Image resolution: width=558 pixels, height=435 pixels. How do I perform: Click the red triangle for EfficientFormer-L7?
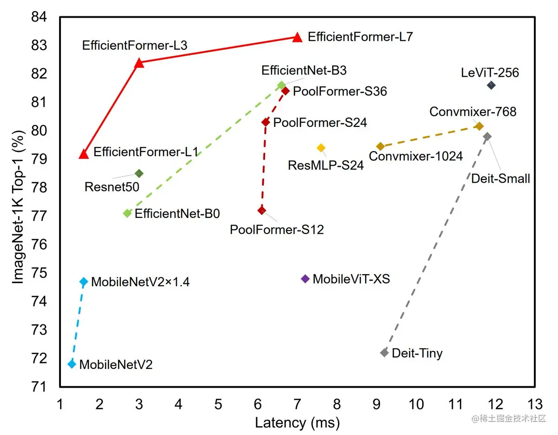point(298,37)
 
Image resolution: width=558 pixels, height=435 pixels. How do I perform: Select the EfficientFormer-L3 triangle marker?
point(139,63)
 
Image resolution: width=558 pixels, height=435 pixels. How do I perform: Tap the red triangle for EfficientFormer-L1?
point(84,154)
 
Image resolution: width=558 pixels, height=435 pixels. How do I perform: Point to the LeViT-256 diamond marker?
point(491,85)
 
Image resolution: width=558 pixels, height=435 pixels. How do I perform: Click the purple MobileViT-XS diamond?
point(305,278)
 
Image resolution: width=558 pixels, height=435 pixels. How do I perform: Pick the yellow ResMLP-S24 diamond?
point(321,148)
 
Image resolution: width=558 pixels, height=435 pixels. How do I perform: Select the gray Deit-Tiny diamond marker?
point(384,353)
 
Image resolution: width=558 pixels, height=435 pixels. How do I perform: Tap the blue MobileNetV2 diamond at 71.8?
point(72,364)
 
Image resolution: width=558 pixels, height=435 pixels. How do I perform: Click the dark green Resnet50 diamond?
point(139,173)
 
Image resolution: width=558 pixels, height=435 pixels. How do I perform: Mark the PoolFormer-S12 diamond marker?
point(262,210)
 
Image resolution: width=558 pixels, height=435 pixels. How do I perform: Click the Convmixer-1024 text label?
point(416,156)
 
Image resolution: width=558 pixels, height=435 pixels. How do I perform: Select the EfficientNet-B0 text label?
point(177,214)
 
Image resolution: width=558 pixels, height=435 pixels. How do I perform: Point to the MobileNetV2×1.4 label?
point(140,282)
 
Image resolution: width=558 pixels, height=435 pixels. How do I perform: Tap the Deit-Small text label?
point(500,178)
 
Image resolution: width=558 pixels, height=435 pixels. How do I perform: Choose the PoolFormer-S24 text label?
point(320,123)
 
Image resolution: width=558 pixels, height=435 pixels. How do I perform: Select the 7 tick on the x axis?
point(298,404)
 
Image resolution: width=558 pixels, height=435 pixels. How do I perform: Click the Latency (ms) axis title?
point(298,423)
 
